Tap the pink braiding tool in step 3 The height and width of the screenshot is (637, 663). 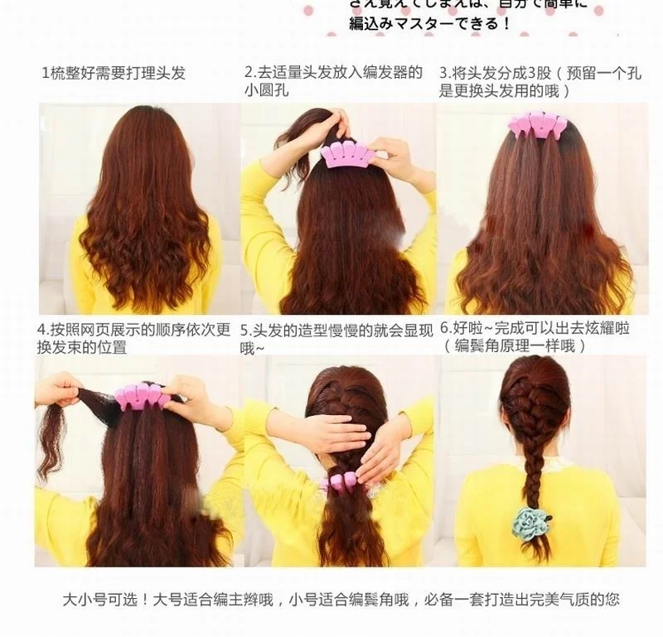[x=532, y=125]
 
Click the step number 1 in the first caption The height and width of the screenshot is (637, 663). [x=46, y=73]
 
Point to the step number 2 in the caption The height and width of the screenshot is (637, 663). [x=248, y=73]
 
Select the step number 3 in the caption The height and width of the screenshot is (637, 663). [x=443, y=73]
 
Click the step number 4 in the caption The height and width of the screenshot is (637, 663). [x=41, y=330]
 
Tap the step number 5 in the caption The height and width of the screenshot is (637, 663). [x=244, y=330]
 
